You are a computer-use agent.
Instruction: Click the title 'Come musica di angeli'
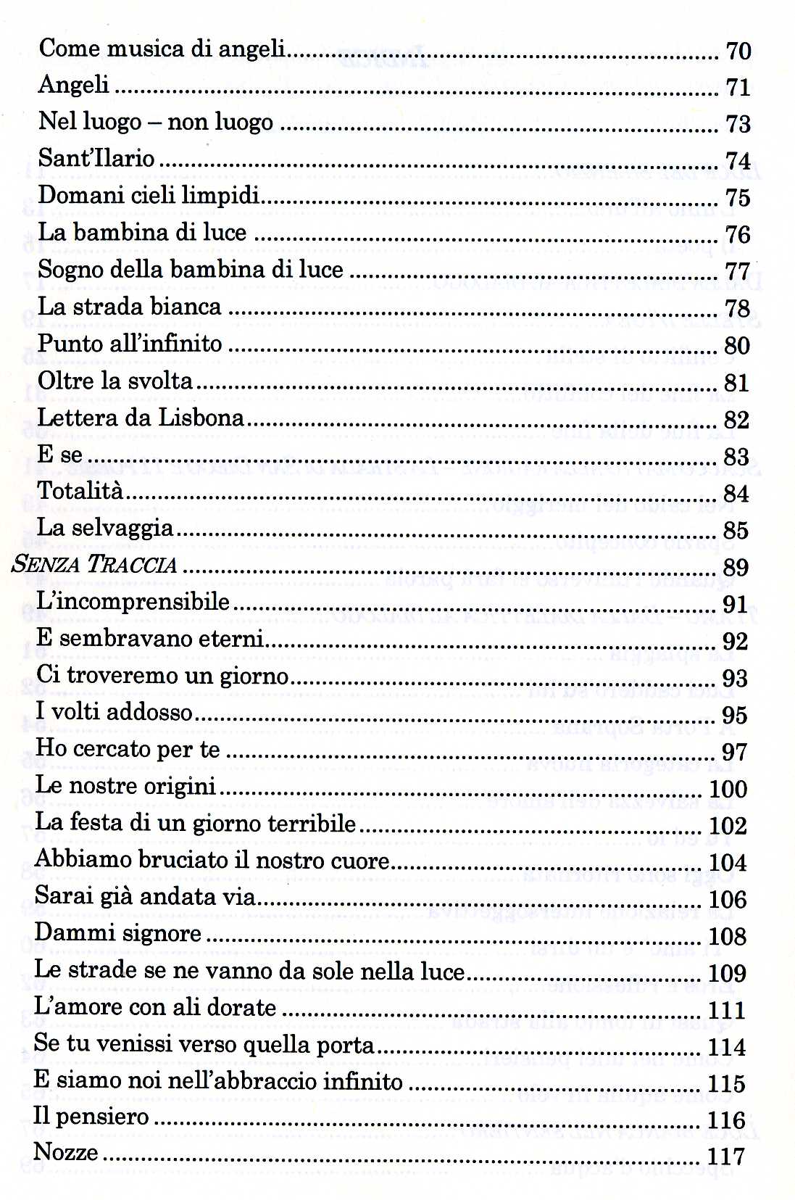[162, 49]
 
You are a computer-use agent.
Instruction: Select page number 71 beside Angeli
[738, 88]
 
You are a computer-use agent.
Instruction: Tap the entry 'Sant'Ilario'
[96, 158]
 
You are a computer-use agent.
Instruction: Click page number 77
[737, 272]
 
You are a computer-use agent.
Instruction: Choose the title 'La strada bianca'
[130, 307]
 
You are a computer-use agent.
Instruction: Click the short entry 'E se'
[59, 455]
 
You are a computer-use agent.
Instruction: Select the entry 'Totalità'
[80, 492]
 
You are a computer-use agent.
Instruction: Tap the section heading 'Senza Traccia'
[95, 565]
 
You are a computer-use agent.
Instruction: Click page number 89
[736, 568]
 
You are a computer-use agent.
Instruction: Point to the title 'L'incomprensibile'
[133, 602]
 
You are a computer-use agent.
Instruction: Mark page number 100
[728, 789]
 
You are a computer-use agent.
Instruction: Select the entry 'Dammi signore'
[118, 933]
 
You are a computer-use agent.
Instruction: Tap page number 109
[727, 973]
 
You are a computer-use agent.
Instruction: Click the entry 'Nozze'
[66, 1152]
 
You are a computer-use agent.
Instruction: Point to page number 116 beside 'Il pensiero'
[726, 1121]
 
